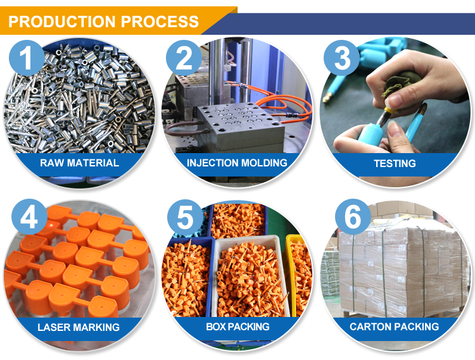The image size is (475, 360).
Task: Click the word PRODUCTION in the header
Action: click(62, 22)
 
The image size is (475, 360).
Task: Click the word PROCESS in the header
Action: click(160, 22)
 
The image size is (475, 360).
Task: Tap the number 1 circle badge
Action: click(27, 58)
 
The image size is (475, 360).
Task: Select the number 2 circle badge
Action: click(184, 58)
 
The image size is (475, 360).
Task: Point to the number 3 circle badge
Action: click(342, 58)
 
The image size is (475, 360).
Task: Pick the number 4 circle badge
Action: click(29, 216)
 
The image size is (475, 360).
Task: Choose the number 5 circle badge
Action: click(185, 216)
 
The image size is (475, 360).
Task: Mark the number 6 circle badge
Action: click(353, 216)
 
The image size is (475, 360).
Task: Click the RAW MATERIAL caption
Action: click(79, 163)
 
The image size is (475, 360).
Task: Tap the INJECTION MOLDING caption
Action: click(237, 163)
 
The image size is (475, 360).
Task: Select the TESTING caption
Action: click(395, 164)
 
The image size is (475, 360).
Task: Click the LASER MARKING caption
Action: click(79, 327)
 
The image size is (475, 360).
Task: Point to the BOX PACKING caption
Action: click(237, 326)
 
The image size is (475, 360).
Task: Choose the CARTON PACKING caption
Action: click(394, 326)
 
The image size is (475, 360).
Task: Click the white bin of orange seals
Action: click(250, 277)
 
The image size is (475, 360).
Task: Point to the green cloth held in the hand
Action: click(399, 82)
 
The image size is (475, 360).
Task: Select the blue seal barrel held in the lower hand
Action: click(371, 135)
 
